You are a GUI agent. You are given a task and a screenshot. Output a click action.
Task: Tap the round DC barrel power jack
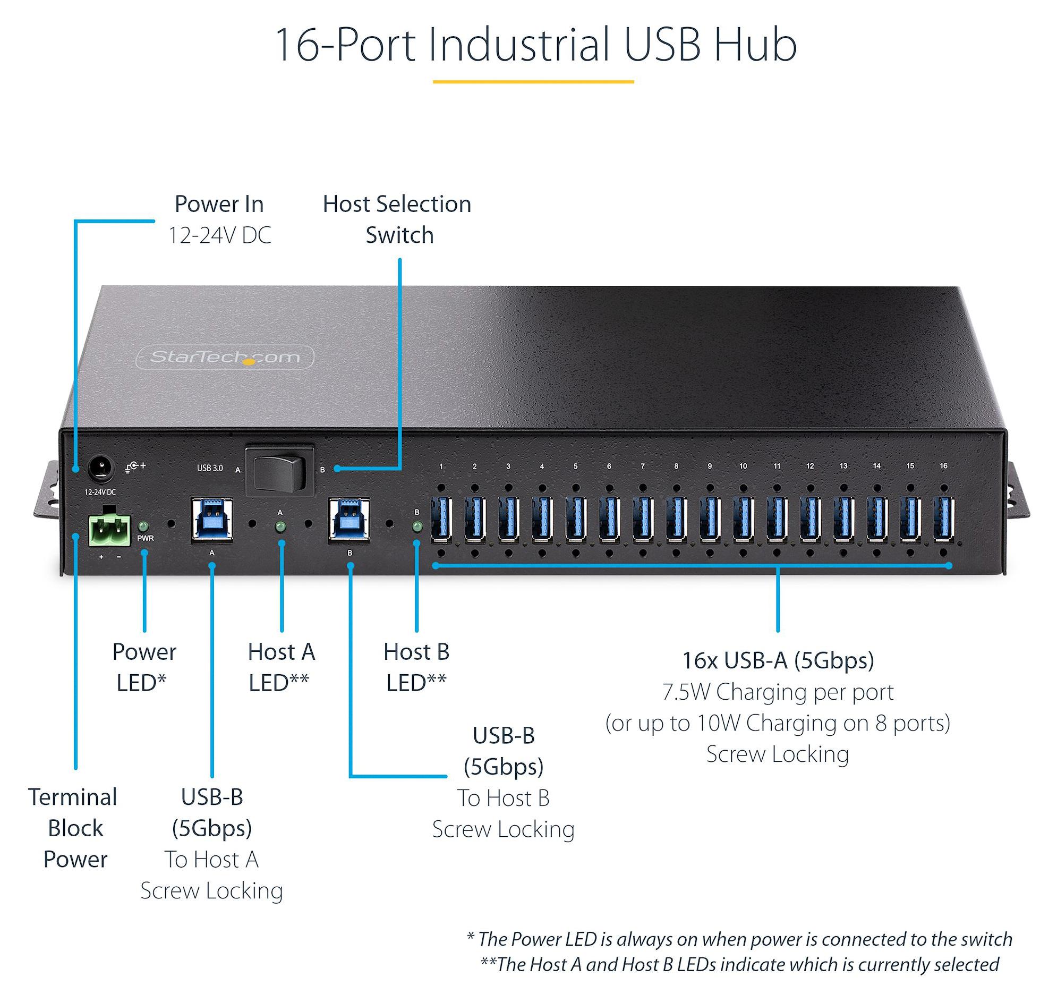point(100,469)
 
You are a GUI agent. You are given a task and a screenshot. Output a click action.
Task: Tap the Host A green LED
point(280,528)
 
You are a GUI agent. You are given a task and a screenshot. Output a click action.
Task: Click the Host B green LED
point(417,527)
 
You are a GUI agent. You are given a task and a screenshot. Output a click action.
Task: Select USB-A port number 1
point(442,518)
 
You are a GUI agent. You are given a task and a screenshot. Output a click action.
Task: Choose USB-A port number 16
point(944,518)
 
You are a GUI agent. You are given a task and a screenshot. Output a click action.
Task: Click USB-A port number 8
point(676,518)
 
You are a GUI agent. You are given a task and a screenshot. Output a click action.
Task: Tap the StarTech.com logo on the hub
point(225,358)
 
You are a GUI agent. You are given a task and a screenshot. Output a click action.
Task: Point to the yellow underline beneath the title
point(533,82)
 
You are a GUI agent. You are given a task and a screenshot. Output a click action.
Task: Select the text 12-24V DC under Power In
point(219,235)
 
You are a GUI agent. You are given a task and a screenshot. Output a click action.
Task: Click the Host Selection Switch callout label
point(397,219)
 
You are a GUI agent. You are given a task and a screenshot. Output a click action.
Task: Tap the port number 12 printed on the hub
point(809,466)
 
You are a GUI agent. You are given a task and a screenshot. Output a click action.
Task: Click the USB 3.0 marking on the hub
point(210,469)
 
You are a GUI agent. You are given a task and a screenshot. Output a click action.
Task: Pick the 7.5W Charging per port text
point(778,692)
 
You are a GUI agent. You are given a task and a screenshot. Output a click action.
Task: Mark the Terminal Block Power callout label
point(74,828)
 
